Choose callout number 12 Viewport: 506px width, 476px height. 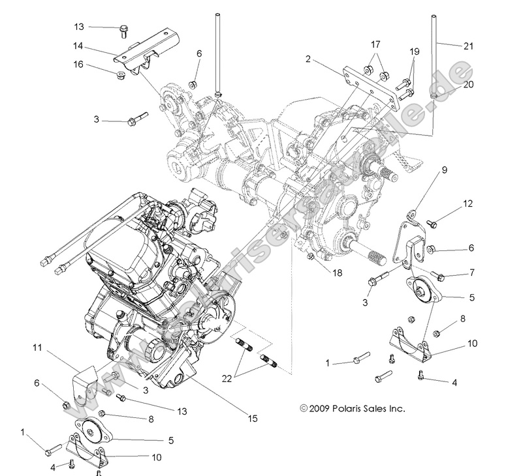(x=467, y=203)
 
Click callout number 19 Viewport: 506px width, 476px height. (x=415, y=51)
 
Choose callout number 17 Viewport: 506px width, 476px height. (x=375, y=44)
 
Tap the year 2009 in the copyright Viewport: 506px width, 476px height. (x=320, y=409)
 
